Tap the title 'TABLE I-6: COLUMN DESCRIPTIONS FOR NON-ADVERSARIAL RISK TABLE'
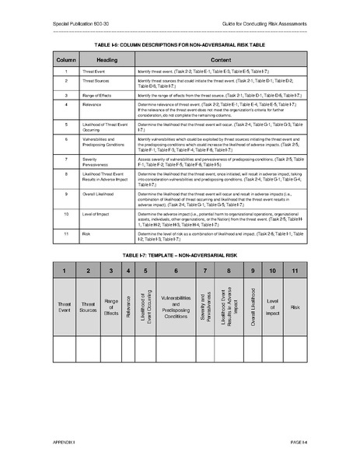(x=180, y=44)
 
